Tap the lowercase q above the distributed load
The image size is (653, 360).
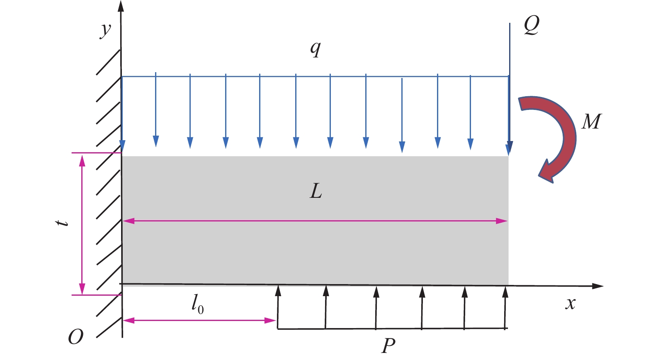click(316, 49)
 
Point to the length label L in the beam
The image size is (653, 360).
click(316, 192)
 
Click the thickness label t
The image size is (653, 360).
click(63, 223)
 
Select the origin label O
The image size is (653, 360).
click(75, 337)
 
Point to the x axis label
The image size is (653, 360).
click(570, 304)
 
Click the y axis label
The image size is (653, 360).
click(106, 30)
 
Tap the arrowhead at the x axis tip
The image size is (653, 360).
click(597, 286)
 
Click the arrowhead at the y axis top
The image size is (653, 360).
click(121, 6)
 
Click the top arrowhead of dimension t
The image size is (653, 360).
click(82, 160)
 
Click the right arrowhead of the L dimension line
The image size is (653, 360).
click(502, 221)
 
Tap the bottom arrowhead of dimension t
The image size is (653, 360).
click(82, 289)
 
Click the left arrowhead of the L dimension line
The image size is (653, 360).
click(129, 221)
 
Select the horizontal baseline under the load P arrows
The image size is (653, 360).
click(392, 329)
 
